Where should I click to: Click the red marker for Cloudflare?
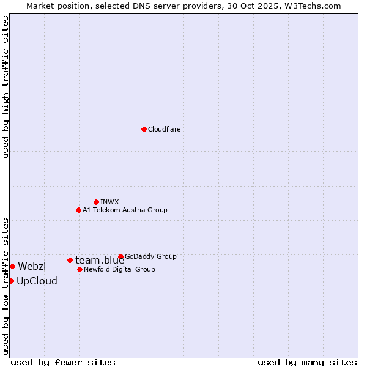pos(144,129)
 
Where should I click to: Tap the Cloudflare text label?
pos(165,130)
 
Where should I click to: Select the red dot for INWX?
pos(96,202)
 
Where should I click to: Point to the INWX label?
pos(109,202)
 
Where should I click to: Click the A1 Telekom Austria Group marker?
pos(78,210)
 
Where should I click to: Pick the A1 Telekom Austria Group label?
pos(125,210)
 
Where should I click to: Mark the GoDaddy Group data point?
pos(120,256)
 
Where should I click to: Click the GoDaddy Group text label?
pos(150,257)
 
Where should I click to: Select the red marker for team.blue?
pos(70,260)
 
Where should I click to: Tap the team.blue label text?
pos(100,261)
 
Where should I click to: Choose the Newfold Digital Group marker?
pos(80,269)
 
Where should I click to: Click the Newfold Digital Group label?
pos(119,270)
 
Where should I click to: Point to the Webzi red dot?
pos(12,266)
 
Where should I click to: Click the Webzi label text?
pos(32,267)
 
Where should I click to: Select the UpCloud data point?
pos(11,281)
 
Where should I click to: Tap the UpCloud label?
pos(37,281)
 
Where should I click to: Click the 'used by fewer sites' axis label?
pos(63,362)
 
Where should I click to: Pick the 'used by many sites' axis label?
pos(307,362)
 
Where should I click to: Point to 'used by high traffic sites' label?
pos(6,87)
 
